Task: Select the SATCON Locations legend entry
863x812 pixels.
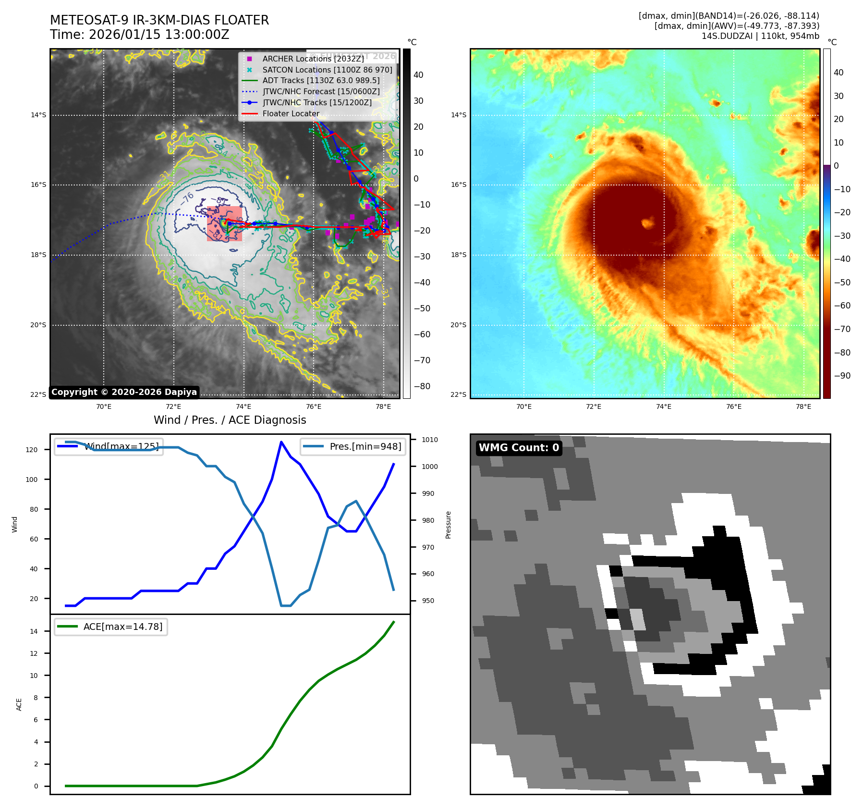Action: point(327,70)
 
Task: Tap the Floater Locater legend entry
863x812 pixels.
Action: point(291,114)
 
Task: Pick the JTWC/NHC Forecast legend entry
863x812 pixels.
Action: point(321,92)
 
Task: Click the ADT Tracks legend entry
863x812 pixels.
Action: point(321,81)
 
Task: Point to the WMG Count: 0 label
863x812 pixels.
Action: point(519,448)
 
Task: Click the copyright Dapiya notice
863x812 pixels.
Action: point(124,392)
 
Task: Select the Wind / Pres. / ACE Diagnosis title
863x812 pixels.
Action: point(230,420)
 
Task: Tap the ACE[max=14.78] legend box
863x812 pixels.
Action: point(111,627)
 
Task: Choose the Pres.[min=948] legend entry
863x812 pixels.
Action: point(353,446)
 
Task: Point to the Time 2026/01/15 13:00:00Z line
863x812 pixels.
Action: point(139,35)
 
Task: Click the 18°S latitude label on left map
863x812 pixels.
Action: point(38,255)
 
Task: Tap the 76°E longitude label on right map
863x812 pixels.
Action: point(733,406)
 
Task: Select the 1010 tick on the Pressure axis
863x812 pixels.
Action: point(430,440)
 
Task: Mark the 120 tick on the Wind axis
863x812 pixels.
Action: point(32,450)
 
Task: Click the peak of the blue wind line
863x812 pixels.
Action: point(281,442)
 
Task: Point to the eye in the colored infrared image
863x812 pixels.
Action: point(647,222)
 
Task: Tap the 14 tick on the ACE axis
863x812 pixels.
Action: point(34,631)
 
